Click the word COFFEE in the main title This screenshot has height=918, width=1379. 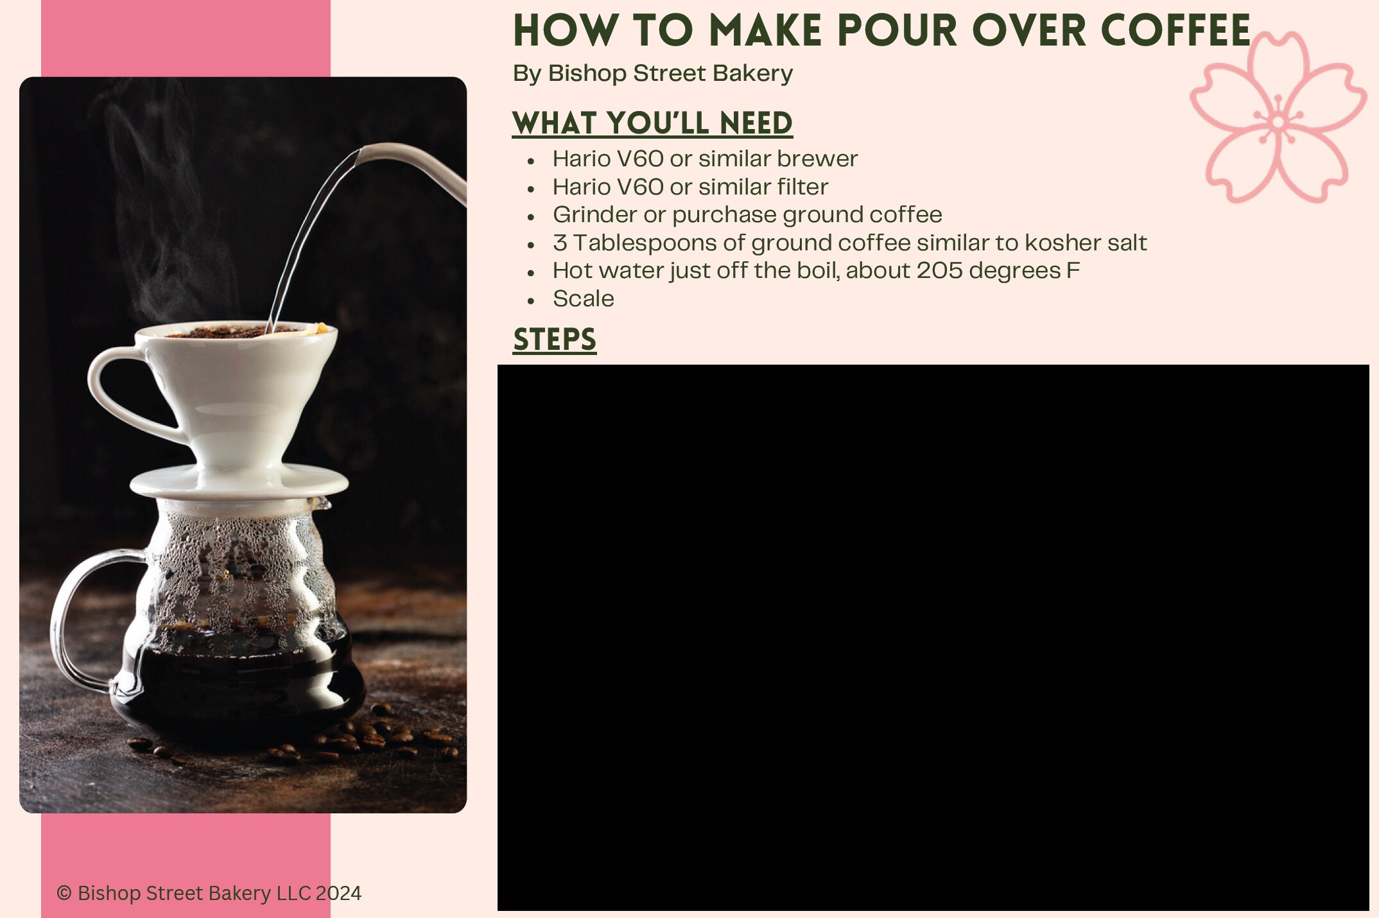coord(1175,31)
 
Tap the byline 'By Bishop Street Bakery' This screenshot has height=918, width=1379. coord(652,73)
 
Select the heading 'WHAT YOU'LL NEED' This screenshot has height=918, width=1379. coord(652,123)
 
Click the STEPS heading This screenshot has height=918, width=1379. coord(555,340)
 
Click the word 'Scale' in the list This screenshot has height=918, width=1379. coord(583,299)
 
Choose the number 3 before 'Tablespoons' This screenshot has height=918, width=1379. coord(560,243)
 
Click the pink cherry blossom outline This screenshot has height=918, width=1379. coord(1278,119)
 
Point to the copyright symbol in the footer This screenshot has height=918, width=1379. coord(64,893)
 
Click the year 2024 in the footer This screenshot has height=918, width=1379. coord(338,893)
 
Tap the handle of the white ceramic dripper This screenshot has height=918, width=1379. coord(122,392)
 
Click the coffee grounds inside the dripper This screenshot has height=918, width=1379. coord(218,332)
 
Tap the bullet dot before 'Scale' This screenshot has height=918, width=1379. coord(531,300)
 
